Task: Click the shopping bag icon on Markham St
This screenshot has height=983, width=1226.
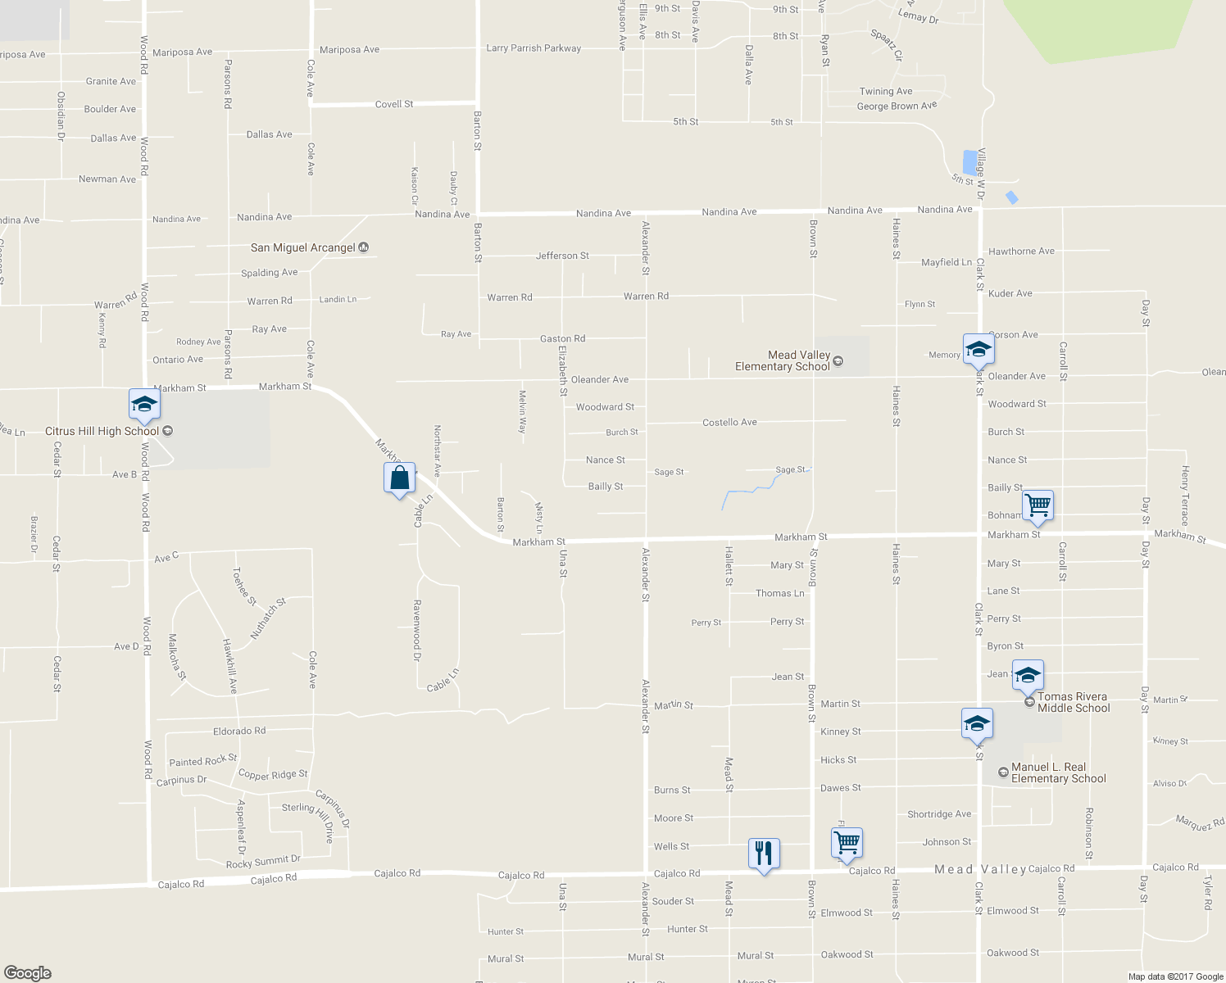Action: point(399,478)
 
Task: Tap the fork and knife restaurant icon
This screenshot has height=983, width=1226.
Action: point(763,854)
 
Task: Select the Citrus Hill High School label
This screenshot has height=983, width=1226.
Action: point(102,431)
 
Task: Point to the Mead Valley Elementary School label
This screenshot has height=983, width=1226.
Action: point(783,360)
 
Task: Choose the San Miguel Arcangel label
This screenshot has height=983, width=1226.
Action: point(303,247)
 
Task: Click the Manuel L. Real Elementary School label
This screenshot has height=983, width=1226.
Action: point(1058,772)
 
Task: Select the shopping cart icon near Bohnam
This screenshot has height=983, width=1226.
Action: point(1038,505)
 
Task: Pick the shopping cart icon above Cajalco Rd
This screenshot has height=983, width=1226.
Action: point(847,842)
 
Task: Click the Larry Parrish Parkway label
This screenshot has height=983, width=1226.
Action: point(534,48)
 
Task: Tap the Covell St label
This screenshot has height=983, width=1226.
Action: point(394,104)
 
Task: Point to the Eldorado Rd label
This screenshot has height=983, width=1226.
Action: point(239,731)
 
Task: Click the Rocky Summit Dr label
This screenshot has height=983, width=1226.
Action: point(263,862)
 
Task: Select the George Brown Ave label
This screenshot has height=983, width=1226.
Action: point(897,106)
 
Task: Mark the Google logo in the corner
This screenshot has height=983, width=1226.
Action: point(27,972)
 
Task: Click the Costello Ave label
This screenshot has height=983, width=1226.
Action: point(729,422)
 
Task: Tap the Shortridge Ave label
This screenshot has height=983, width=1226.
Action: point(939,813)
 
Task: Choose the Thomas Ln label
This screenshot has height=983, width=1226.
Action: point(779,593)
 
